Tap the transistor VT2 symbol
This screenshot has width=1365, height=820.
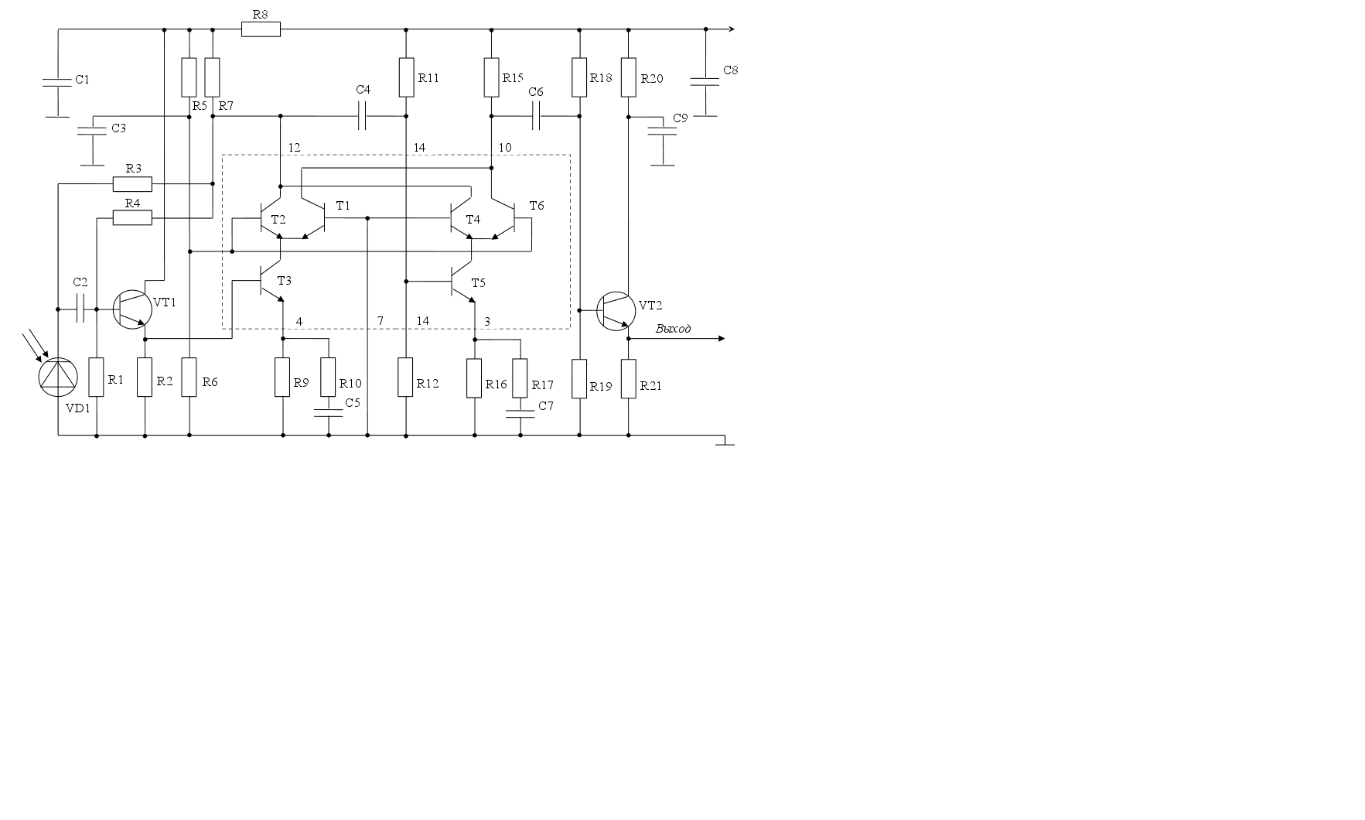click(x=616, y=310)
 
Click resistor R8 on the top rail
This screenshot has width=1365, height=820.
click(x=261, y=29)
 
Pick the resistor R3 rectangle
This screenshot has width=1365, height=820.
click(x=132, y=184)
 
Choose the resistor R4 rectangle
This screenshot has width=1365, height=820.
click(x=132, y=219)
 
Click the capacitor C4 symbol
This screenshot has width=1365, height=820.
click(x=363, y=117)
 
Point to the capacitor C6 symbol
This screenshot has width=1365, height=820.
click(x=536, y=117)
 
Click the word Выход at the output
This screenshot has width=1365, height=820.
click(x=673, y=329)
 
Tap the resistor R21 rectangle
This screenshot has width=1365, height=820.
click(x=628, y=378)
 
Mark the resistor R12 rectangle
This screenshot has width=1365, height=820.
click(x=405, y=377)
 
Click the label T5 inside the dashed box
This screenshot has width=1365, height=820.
click(x=478, y=283)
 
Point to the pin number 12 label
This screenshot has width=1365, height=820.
click(x=294, y=148)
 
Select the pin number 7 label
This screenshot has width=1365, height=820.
click(x=380, y=321)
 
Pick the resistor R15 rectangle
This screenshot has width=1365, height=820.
click(x=491, y=77)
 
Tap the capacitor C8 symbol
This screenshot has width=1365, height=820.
click(x=705, y=81)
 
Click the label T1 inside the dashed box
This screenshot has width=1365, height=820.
click(x=343, y=206)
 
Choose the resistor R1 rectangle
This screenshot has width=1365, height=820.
click(x=97, y=377)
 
